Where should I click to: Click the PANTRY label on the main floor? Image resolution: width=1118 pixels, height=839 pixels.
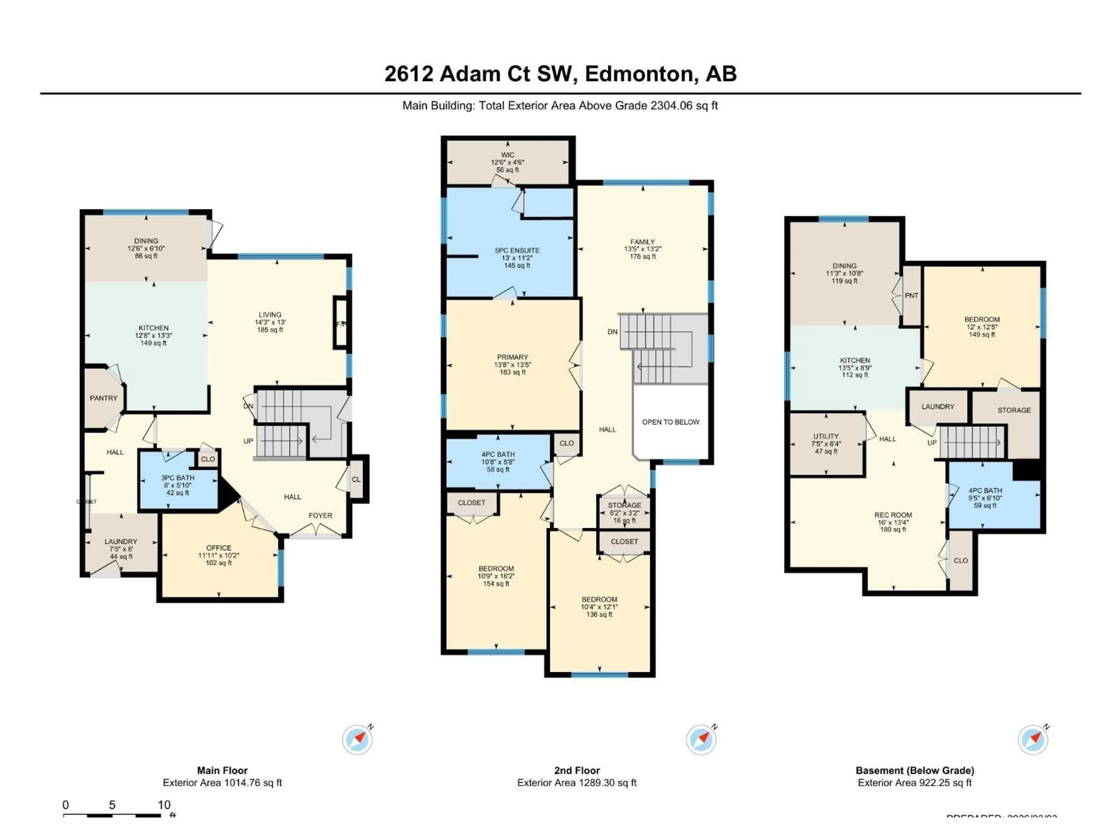pyautogui.click(x=104, y=398)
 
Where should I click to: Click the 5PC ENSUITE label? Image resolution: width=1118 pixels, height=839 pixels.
pyautogui.click(x=517, y=250)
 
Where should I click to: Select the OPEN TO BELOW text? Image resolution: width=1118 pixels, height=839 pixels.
pyautogui.click(x=671, y=422)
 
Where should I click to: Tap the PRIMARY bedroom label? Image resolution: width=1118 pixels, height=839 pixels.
pyautogui.click(x=512, y=357)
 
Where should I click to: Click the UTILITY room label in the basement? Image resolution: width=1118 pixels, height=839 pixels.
pyautogui.click(x=826, y=436)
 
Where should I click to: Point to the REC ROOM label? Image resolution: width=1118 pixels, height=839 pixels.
pyautogui.click(x=893, y=515)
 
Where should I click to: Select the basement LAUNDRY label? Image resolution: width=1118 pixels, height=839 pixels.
pyautogui.click(x=937, y=407)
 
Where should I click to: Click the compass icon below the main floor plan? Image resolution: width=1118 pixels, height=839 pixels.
pyautogui.click(x=357, y=739)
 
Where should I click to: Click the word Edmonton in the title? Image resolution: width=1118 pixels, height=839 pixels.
pyautogui.click(x=638, y=74)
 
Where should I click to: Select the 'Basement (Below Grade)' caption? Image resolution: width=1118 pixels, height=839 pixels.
pyautogui.click(x=914, y=770)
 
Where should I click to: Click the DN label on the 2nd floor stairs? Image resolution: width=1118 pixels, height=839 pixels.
pyautogui.click(x=612, y=332)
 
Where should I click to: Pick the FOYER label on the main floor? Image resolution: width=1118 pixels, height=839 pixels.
pyautogui.click(x=321, y=515)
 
